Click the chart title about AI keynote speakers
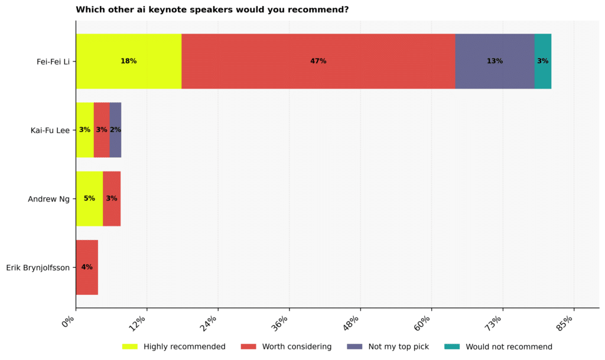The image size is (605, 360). (212, 9)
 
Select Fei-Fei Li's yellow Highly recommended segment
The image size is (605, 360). (128, 61)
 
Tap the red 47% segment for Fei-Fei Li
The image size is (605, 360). (318, 61)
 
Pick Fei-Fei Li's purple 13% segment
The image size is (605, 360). (495, 61)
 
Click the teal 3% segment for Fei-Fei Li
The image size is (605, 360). (542, 61)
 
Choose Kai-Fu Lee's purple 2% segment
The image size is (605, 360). (115, 129)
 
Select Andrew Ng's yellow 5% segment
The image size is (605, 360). (89, 199)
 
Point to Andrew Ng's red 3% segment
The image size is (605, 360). (112, 199)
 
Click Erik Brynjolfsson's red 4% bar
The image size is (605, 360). (87, 267)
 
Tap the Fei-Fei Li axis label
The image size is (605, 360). (53, 61)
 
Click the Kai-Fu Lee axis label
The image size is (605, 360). (50, 130)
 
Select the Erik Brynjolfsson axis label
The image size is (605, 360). (38, 268)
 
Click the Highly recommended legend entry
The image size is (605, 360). (174, 346)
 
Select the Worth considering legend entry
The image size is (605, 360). (287, 346)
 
